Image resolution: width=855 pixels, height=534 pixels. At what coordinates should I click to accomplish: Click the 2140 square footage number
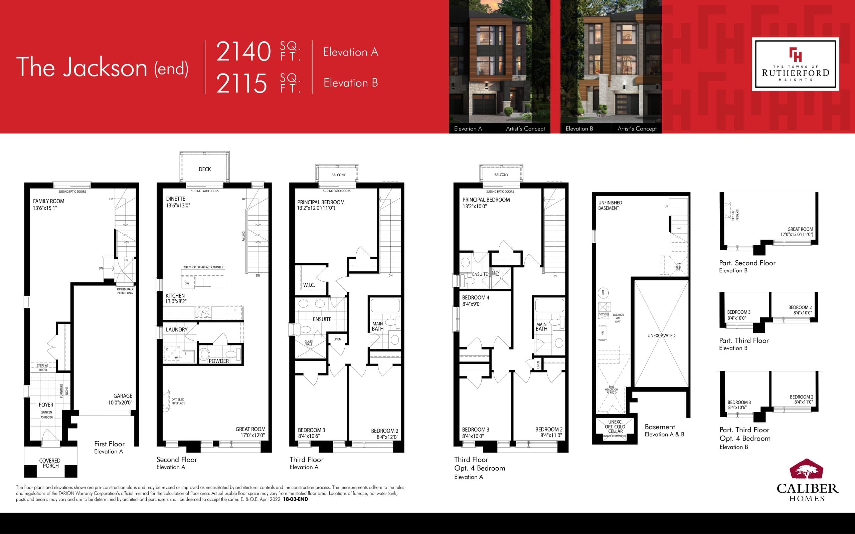click(243, 51)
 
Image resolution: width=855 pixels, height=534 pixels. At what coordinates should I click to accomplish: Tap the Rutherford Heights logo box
click(795, 64)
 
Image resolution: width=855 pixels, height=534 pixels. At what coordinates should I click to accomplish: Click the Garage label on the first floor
click(123, 396)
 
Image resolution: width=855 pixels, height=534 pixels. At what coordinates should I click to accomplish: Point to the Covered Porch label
click(50, 463)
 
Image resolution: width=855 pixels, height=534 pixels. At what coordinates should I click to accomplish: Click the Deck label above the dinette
click(204, 169)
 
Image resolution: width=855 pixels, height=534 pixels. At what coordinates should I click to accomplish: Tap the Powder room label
click(219, 361)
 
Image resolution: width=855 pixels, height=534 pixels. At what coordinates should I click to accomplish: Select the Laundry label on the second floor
click(177, 329)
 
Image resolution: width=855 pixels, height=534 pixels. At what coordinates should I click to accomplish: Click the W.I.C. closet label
click(309, 285)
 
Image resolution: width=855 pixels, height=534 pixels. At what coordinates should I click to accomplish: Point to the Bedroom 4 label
click(476, 298)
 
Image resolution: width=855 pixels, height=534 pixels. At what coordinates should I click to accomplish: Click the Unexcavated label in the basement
click(661, 335)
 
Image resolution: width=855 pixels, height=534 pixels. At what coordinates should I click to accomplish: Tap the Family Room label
click(49, 201)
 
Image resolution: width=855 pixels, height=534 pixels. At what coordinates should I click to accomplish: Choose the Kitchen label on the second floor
click(175, 296)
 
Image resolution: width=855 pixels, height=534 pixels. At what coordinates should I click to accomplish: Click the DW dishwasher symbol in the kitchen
click(187, 283)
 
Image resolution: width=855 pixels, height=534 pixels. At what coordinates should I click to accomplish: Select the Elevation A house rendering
click(499, 62)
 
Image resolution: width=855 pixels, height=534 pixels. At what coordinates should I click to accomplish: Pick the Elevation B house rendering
click(611, 62)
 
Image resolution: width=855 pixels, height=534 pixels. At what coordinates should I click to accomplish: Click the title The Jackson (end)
click(102, 67)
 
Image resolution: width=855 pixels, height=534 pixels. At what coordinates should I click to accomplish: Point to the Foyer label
click(46, 405)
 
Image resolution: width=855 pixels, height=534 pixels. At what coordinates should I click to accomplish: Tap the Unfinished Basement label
click(610, 205)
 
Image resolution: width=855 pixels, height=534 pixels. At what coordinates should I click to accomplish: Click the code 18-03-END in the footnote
click(295, 499)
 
